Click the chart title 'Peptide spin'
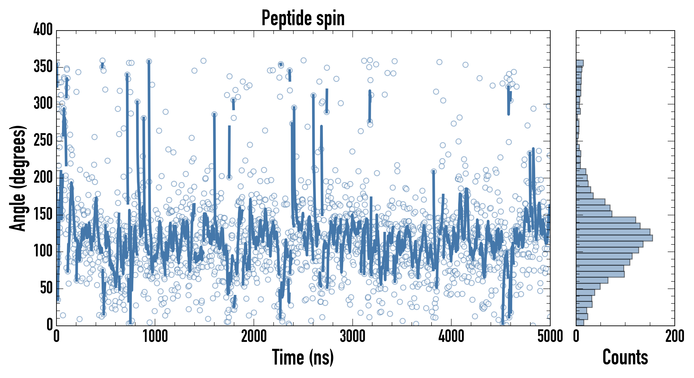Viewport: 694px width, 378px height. [303, 18]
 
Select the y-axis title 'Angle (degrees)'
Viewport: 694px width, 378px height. [18, 178]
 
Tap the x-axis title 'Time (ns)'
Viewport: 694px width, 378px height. [303, 357]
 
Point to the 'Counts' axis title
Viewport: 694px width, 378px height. [625, 357]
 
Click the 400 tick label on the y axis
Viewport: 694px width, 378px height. [43, 30]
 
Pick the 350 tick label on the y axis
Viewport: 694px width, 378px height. [43, 67]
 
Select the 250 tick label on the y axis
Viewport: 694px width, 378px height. [43, 140]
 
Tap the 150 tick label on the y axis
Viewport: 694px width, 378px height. [43, 214]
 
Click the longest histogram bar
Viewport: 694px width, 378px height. [614, 238]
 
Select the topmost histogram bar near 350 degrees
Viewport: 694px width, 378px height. [580, 63]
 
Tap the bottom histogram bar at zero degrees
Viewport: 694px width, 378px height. [580, 323]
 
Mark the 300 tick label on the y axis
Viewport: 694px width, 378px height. [43, 104]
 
